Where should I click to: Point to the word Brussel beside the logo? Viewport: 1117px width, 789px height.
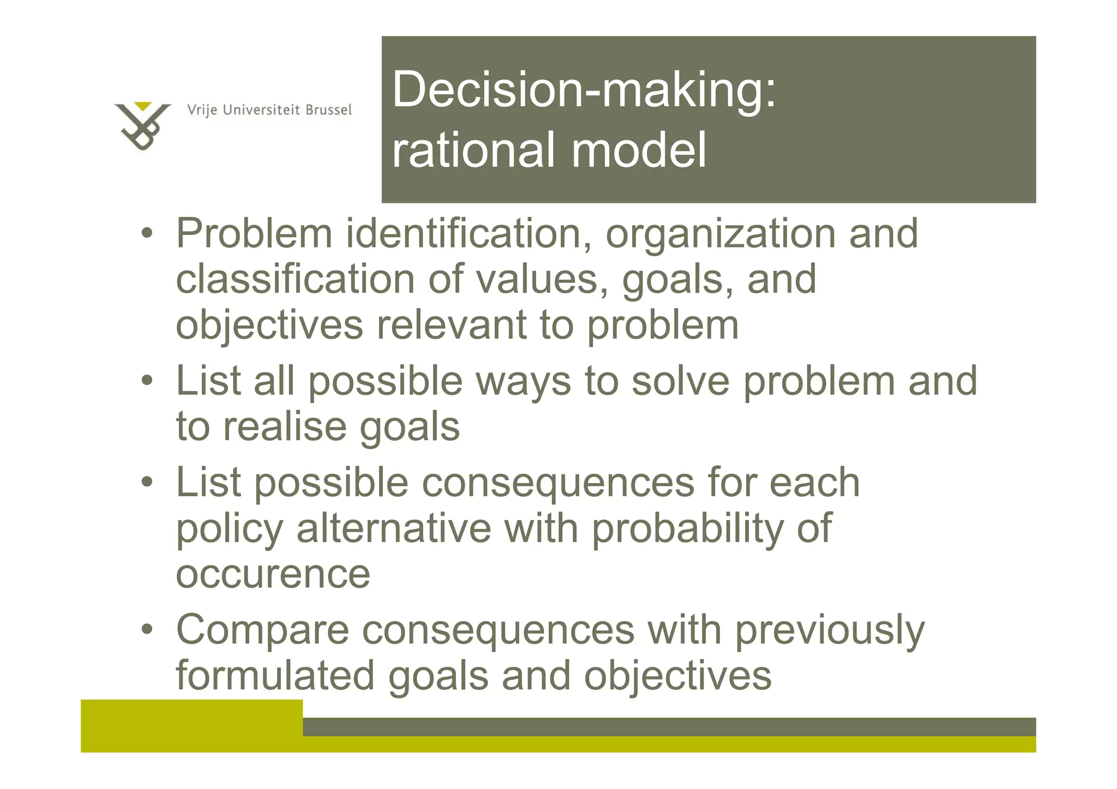click(328, 110)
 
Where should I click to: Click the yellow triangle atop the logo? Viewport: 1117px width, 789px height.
click(143, 106)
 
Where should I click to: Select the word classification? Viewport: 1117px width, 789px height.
click(295, 279)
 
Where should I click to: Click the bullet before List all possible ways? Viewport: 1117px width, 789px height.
click(147, 381)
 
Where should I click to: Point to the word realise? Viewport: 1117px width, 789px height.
click(284, 427)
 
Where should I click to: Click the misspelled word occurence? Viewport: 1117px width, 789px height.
click(273, 575)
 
